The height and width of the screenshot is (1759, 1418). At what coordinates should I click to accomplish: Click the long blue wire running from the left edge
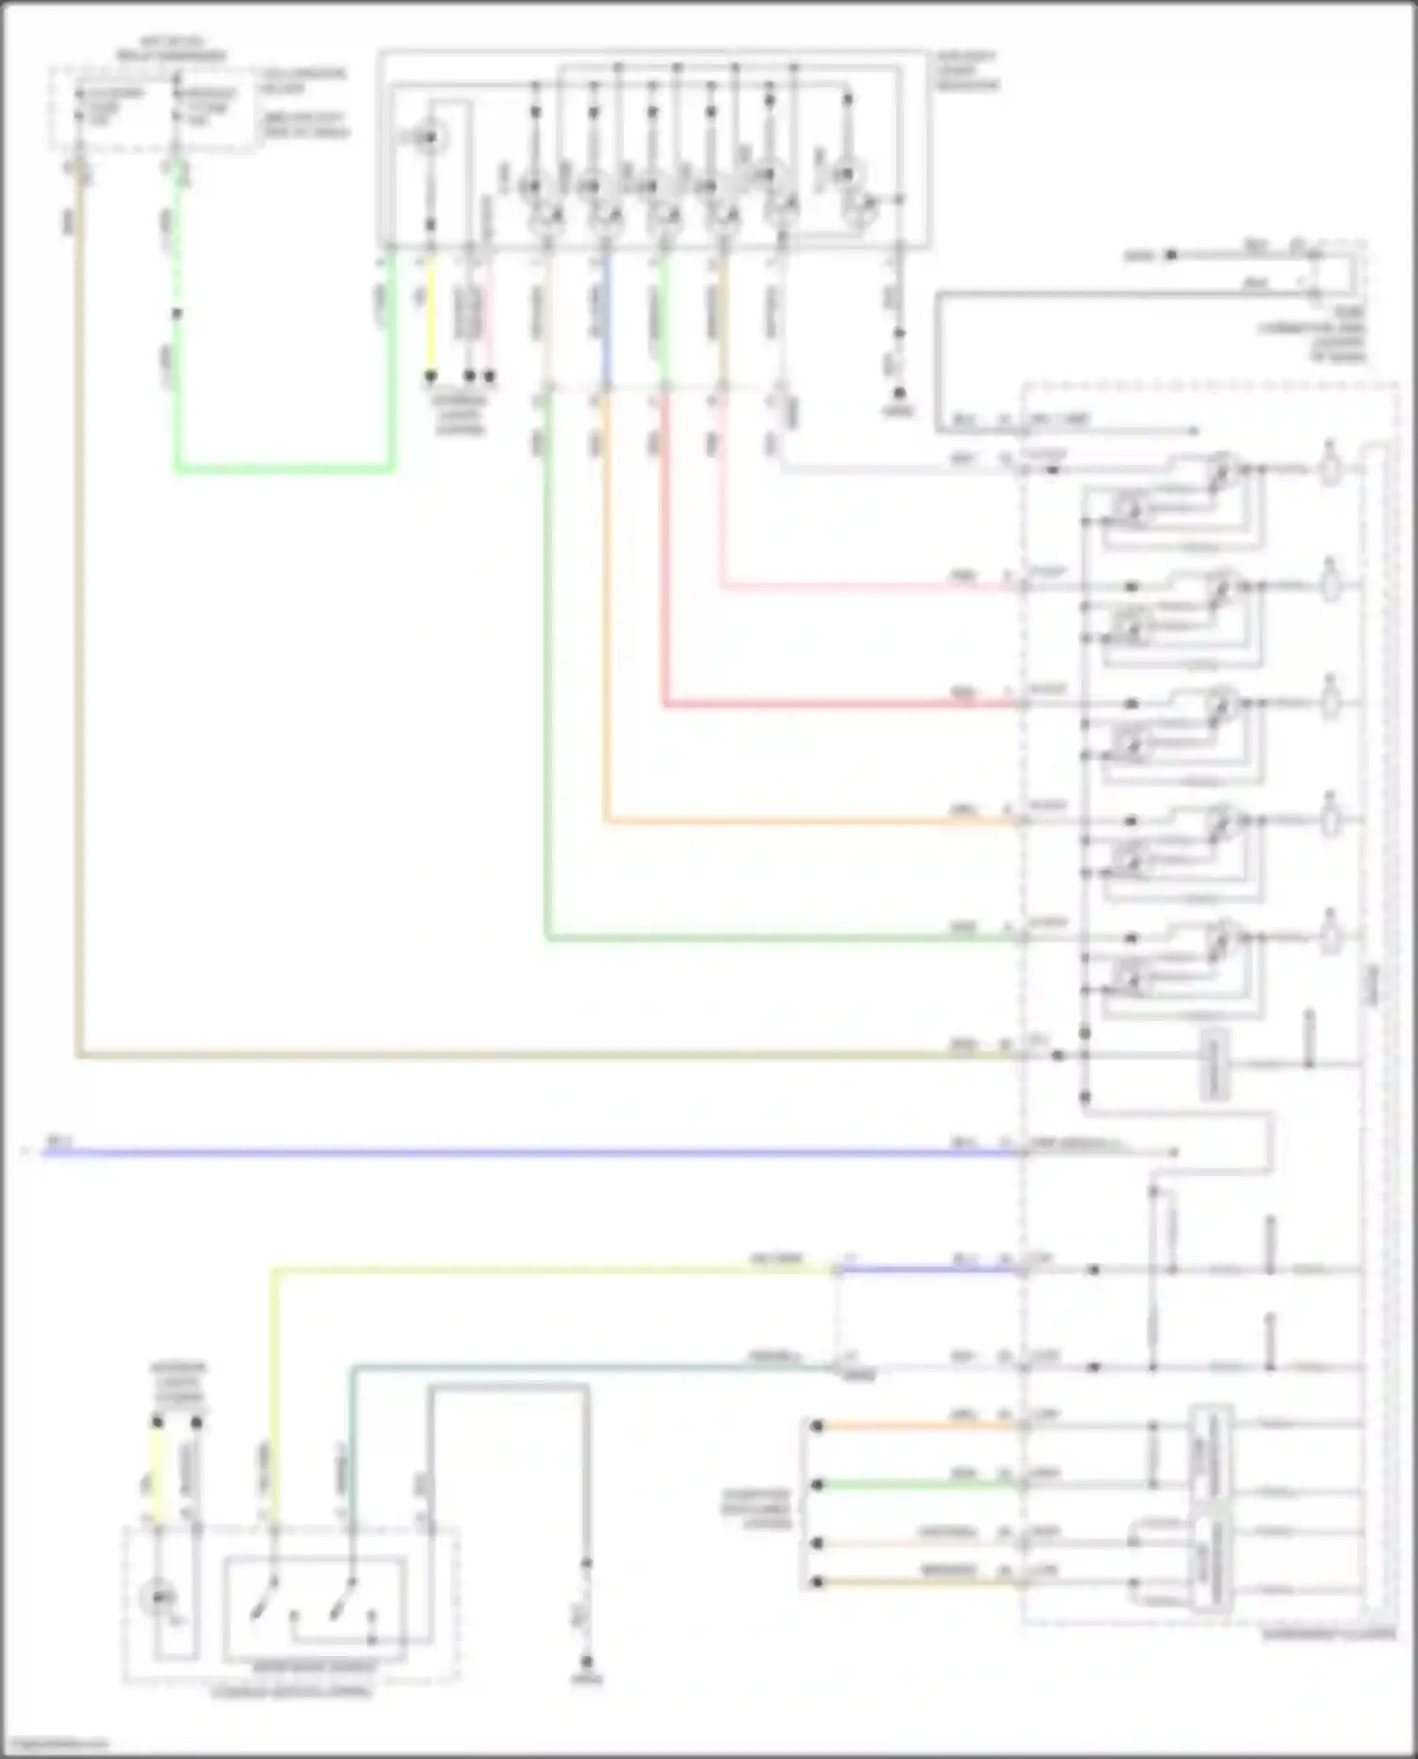473,1153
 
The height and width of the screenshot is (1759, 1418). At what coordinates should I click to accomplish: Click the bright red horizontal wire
832,704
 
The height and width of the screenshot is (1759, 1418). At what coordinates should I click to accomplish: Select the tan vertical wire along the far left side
78,662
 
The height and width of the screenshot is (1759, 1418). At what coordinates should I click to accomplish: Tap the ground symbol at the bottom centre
586,1662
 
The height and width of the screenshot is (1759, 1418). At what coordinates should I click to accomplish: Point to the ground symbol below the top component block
899,392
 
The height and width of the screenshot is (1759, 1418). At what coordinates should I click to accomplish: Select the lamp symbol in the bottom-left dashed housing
157,1596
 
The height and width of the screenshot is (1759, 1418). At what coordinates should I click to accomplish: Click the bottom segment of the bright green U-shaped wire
284,468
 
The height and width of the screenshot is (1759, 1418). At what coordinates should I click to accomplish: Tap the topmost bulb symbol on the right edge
1330,468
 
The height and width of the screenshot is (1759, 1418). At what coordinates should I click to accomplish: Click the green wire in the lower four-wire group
917,1485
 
